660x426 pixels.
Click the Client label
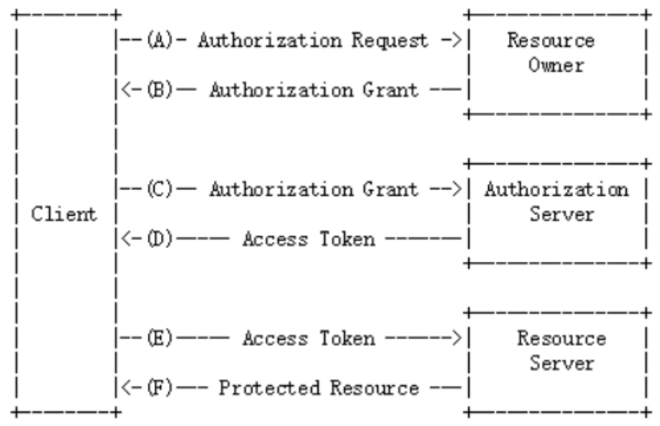pos(64,214)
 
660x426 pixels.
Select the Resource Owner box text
pos(555,53)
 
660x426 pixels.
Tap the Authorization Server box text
pos(556,202)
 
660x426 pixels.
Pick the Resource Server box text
pos(560,351)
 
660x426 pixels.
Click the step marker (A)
pos(158,40)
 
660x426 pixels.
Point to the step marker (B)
pos(158,90)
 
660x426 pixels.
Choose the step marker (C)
pos(158,189)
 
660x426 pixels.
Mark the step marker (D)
pos(158,239)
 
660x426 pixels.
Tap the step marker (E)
pos(158,338)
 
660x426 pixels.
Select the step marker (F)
pos(158,388)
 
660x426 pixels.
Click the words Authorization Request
pos(312,40)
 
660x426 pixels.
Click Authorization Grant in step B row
pos(313,90)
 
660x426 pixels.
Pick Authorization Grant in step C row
pos(313,189)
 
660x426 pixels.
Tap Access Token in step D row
pos(308,239)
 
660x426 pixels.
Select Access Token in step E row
pos(308,338)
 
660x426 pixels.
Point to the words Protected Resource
pos(318,388)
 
